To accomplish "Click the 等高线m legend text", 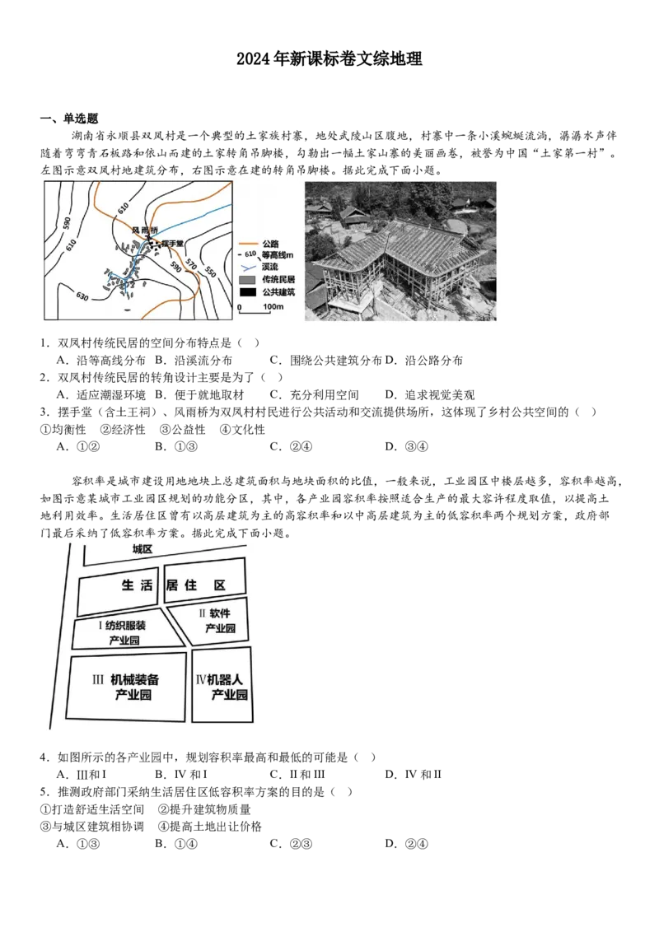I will point(275,255).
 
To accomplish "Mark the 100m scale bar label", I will point(273,307).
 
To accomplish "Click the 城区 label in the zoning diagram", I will point(143,548).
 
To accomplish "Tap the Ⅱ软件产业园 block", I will point(216,621).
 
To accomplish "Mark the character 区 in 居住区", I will point(220,585).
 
